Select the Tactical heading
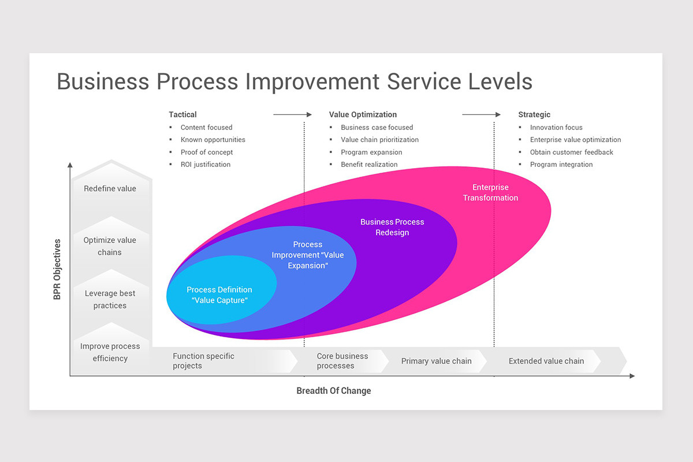(x=182, y=114)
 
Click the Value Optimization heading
(x=363, y=114)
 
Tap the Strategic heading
(x=534, y=114)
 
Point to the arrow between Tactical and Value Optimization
(x=292, y=114)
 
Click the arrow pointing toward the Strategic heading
(x=481, y=114)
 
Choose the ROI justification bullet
(x=205, y=165)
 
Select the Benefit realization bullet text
(x=369, y=165)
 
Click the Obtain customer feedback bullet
(x=571, y=152)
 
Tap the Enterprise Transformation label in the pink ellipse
(x=490, y=192)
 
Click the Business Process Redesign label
(x=392, y=227)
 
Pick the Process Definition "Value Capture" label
(x=219, y=295)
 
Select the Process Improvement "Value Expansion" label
(x=308, y=255)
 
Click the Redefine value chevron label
(x=110, y=188)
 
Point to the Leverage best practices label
(x=110, y=299)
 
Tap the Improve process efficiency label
(x=110, y=352)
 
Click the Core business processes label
(x=342, y=361)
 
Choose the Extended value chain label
(x=546, y=361)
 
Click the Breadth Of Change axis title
(x=334, y=391)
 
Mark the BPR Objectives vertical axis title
(x=57, y=269)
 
